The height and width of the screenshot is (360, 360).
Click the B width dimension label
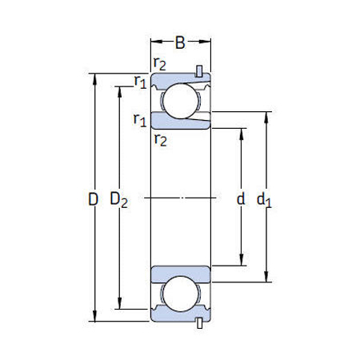pos(181,42)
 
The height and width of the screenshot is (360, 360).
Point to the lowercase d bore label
pos(240,198)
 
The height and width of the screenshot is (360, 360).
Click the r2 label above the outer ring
pos(160,65)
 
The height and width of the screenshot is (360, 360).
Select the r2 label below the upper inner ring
pos(160,140)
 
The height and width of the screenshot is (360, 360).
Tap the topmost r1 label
pos(140,81)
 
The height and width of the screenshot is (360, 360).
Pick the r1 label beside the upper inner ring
pos(140,120)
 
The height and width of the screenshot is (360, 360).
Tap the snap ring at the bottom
pos(199,323)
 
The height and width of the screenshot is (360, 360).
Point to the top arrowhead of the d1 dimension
pos(266,114)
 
